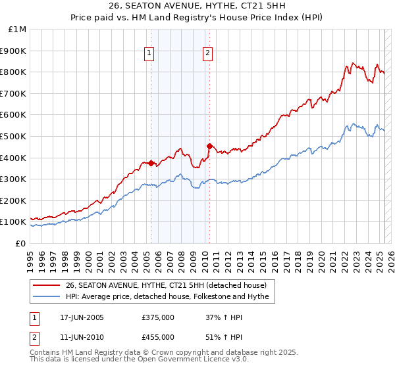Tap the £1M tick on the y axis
pos(18,30)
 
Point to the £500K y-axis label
pos(14,137)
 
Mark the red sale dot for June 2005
pos(151,163)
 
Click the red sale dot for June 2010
pos(209,146)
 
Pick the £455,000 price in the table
pos(158,336)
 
